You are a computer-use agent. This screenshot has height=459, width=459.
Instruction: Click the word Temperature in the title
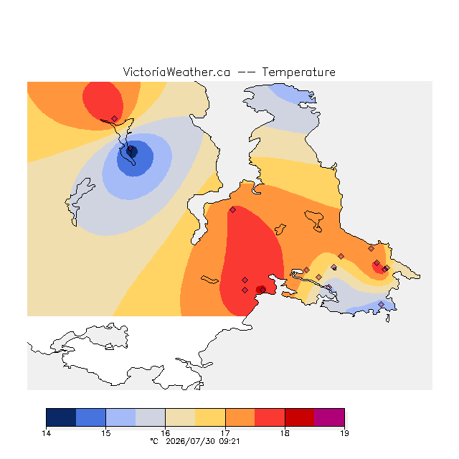[x=298, y=72]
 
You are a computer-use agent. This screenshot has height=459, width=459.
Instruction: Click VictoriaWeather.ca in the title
[x=176, y=72]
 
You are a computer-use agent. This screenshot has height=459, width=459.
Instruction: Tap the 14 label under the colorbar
[x=46, y=433]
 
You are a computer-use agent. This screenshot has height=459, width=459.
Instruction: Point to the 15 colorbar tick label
[x=105, y=433]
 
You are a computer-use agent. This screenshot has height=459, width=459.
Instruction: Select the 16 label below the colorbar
[x=166, y=433]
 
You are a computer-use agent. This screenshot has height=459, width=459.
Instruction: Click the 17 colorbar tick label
[x=225, y=433]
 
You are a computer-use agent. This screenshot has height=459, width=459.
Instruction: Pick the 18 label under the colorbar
[x=285, y=433]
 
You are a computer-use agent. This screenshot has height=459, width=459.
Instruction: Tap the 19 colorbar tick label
[x=344, y=433]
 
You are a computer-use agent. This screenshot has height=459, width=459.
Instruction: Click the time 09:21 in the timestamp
[x=229, y=441]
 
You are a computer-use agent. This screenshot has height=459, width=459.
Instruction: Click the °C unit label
[x=154, y=441]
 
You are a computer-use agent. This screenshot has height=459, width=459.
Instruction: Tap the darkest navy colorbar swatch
[x=61, y=417]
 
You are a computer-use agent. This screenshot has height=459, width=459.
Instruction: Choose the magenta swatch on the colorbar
[x=329, y=417]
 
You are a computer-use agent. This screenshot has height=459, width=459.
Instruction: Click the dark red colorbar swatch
[x=300, y=417]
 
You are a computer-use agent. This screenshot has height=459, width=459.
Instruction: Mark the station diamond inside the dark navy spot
[x=131, y=148]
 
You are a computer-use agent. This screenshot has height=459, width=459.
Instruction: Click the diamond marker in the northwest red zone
[x=115, y=118]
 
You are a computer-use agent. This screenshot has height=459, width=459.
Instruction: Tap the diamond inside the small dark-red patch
[x=263, y=290]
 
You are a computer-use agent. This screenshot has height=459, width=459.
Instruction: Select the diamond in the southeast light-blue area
[x=381, y=304]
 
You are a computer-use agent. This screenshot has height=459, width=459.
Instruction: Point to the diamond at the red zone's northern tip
[x=232, y=209]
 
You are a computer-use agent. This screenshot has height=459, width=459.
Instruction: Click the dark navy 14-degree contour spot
[x=132, y=151]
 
